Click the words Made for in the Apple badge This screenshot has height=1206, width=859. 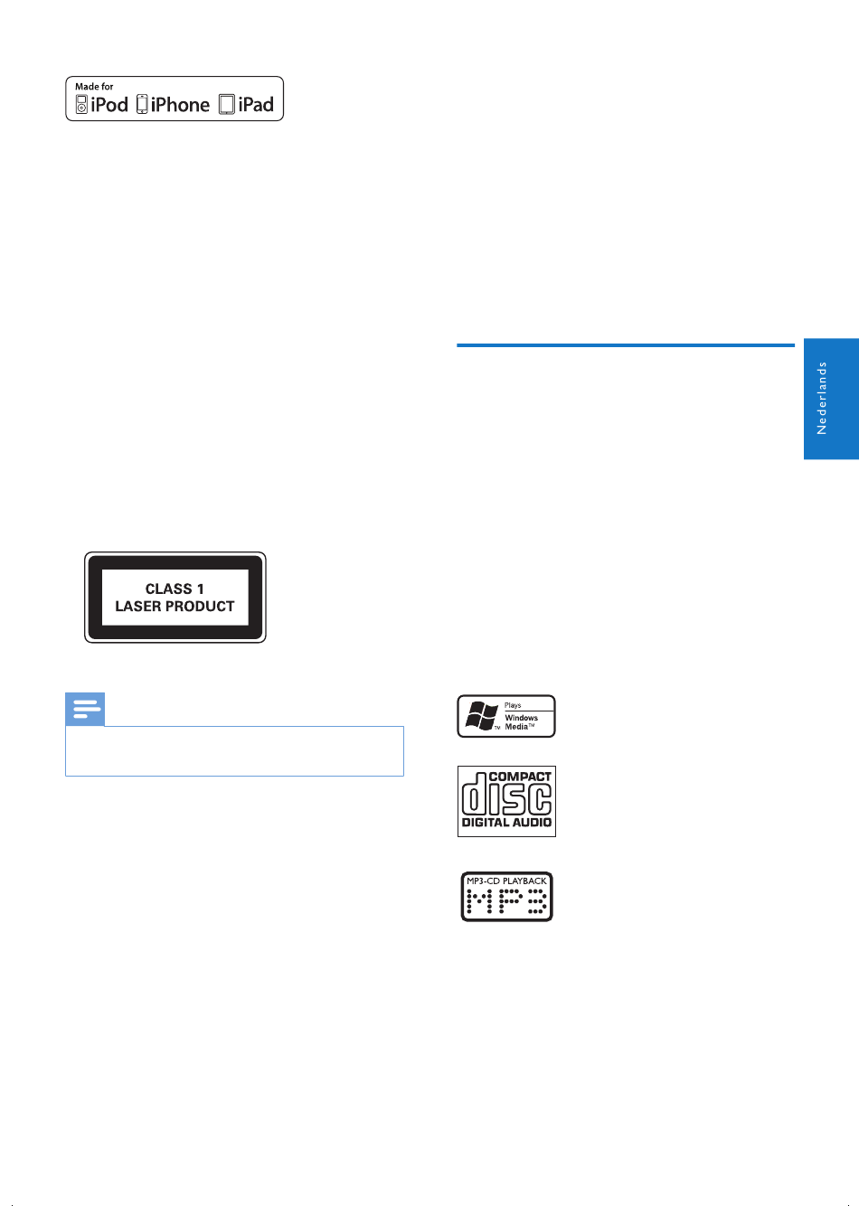pos(94,86)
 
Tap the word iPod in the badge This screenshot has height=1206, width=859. pos(109,105)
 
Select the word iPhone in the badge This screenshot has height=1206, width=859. pos(180,105)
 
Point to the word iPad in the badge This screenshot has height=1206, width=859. pos(256,105)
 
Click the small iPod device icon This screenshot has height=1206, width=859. pos(81,105)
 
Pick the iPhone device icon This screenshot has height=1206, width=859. pos(142,104)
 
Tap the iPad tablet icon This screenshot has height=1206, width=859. pos(227,105)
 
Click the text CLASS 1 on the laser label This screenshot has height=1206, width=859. pos(175,589)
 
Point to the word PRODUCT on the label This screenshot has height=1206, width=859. pos(201,607)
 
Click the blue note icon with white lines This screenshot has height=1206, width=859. pos(85,709)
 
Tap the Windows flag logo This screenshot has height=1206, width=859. pos(481,716)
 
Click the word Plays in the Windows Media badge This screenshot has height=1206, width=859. pos(513,705)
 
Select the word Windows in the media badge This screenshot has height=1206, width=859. pos(522,718)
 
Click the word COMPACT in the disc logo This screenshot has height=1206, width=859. pos(520,777)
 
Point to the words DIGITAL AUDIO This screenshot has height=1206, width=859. pos(506,822)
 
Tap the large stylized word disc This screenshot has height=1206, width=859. pos(506,795)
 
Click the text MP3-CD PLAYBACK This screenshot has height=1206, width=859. pos(506,881)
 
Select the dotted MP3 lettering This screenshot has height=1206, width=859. pos(506,901)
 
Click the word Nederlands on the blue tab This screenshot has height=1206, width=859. pos(821,398)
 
